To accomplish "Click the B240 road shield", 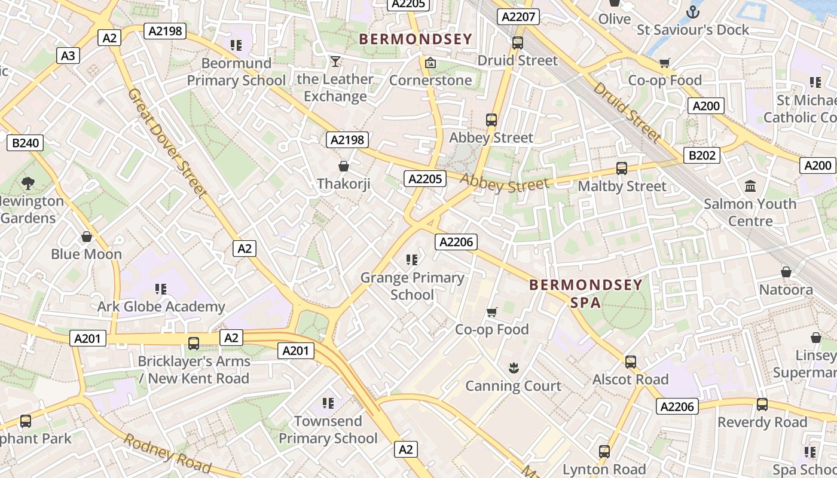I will click(26, 143).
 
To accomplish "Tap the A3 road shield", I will click(68, 56).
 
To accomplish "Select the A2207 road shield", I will click(518, 17).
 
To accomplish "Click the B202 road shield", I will click(702, 155).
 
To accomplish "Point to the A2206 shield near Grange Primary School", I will click(456, 241).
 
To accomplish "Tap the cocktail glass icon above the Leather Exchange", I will click(335, 62).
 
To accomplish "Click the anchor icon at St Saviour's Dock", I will click(692, 11).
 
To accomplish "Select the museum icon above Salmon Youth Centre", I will click(750, 186).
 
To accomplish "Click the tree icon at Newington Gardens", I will click(28, 183).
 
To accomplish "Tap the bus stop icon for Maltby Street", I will click(622, 168).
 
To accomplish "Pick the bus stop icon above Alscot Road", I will click(630, 362).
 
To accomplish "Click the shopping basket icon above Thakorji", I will click(344, 166).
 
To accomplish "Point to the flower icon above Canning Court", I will click(513, 367).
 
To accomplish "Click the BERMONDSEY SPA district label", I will click(585, 293).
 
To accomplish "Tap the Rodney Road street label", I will click(167, 454).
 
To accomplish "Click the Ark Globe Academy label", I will click(161, 307).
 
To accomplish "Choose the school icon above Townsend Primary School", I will click(328, 403).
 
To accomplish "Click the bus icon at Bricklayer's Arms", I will click(194, 344).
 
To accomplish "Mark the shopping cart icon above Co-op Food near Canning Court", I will click(492, 312).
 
